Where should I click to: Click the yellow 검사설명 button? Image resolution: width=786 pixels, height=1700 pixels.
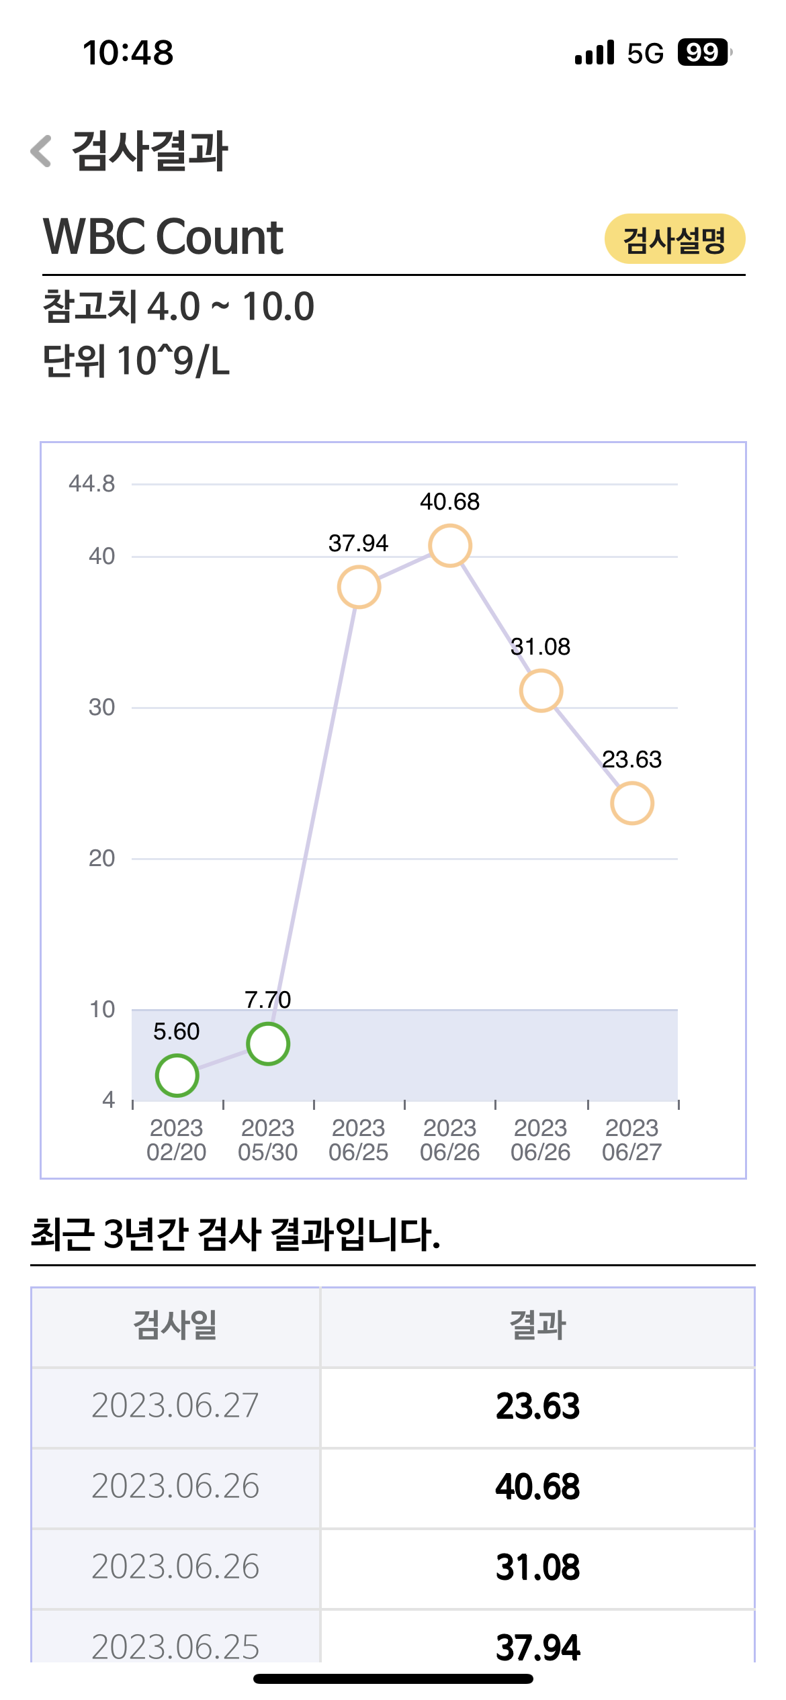(674, 239)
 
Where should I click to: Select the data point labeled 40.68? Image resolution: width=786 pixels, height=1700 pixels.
(450, 546)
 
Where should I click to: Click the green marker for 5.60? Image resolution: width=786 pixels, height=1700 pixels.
(177, 1076)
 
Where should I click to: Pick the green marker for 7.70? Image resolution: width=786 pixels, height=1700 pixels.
(268, 1044)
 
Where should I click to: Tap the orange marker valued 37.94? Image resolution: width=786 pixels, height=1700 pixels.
(359, 587)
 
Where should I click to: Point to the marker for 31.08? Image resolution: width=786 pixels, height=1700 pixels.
(541, 691)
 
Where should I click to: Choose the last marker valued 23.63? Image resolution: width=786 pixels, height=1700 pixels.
(632, 803)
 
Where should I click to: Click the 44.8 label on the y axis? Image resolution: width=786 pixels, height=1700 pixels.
(92, 483)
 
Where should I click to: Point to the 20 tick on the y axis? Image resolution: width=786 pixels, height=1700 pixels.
(101, 858)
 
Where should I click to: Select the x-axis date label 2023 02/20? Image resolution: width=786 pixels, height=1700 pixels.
(177, 1140)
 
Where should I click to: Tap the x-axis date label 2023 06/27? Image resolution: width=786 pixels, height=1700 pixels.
(632, 1140)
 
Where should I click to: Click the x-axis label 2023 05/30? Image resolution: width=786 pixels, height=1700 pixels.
(268, 1140)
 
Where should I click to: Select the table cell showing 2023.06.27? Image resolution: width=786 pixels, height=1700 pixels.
(175, 1405)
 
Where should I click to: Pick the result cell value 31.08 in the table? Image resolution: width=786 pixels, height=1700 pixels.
(537, 1568)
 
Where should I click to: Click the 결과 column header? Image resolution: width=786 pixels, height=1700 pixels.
(537, 1325)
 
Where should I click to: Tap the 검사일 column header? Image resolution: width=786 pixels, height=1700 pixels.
(175, 1325)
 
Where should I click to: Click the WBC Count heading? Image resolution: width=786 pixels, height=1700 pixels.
(163, 237)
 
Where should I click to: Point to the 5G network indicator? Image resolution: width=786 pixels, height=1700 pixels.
(645, 53)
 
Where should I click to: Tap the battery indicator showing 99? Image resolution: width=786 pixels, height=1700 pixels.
(703, 52)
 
